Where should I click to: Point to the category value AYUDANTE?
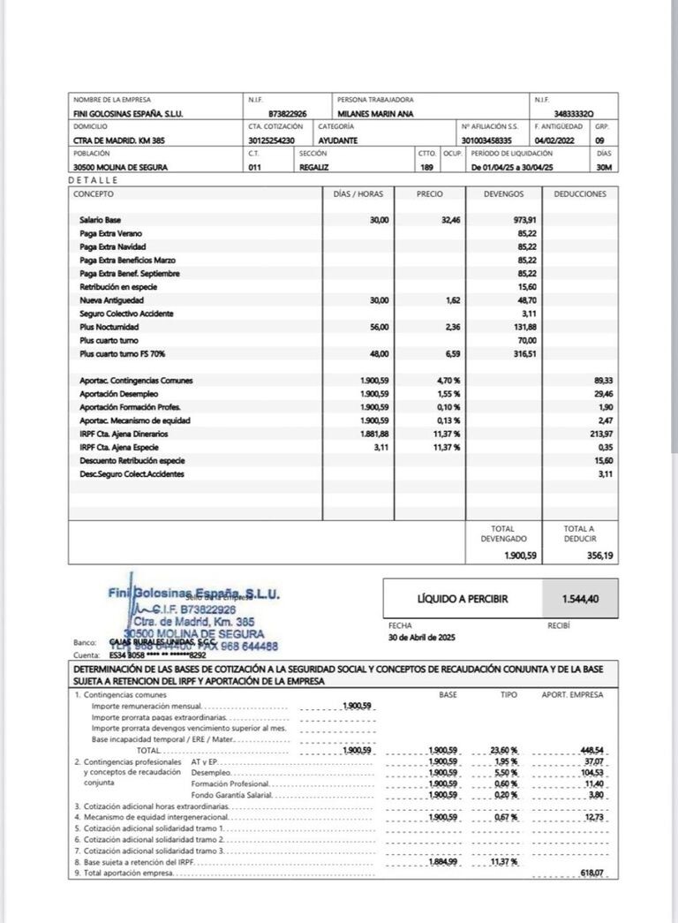338,140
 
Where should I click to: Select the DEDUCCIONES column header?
580,193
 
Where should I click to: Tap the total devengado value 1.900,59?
521,556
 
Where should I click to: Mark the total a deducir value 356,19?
599,556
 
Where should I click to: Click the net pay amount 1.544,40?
580,599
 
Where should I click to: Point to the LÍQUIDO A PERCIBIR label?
450,599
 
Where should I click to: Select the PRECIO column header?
430,193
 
